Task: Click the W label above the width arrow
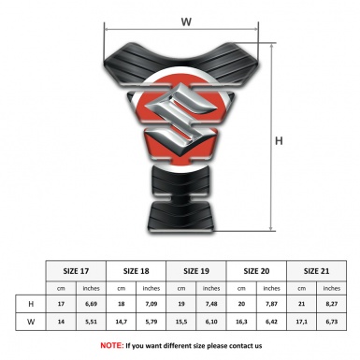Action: (186, 22)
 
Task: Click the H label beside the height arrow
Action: (279, 141)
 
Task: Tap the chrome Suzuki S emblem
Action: (181, 119)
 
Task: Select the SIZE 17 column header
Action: (76, 271)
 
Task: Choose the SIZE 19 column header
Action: (196, 271)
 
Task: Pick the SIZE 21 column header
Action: (316, 271)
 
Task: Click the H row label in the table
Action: (31, 304)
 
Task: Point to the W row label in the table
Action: (31, 322)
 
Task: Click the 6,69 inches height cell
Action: (91, 304)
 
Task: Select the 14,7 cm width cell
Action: (122, 322)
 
